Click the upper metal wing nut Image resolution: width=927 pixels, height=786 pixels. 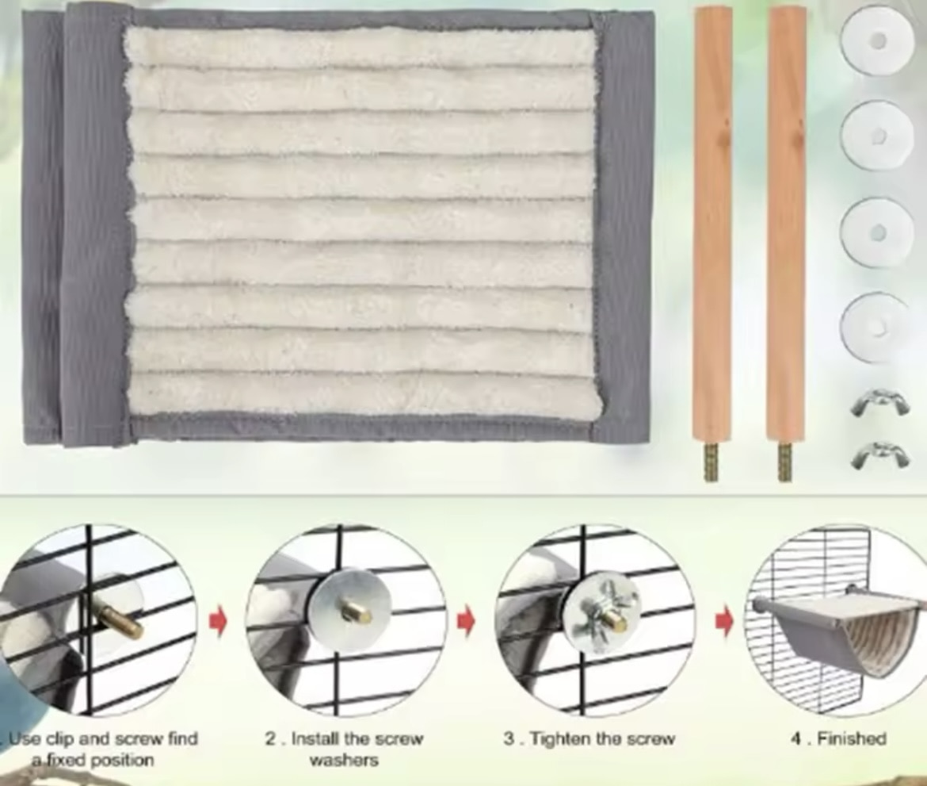[879, 402]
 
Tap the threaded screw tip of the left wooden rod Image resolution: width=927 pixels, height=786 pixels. [711, 463]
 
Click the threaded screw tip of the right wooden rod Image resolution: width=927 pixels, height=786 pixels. [784, 463]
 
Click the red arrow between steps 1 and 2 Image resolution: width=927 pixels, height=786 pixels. [218, 623]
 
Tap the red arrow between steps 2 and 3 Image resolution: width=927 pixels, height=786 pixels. [467, 623]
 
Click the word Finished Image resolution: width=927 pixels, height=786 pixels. [851, 738]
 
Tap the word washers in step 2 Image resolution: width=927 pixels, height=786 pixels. [344, 760]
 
